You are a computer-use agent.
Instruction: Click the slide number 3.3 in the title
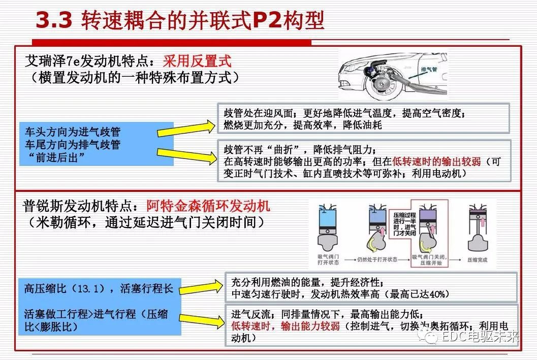coord(54,21)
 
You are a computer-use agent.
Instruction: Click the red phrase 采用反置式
coord(197,61)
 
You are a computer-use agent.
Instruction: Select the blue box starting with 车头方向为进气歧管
coord(97,144)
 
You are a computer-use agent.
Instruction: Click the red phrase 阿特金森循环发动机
coord(208,206)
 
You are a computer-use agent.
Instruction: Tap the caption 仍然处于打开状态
coord(378,259)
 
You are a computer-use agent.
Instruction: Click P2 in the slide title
coord(269,21)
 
